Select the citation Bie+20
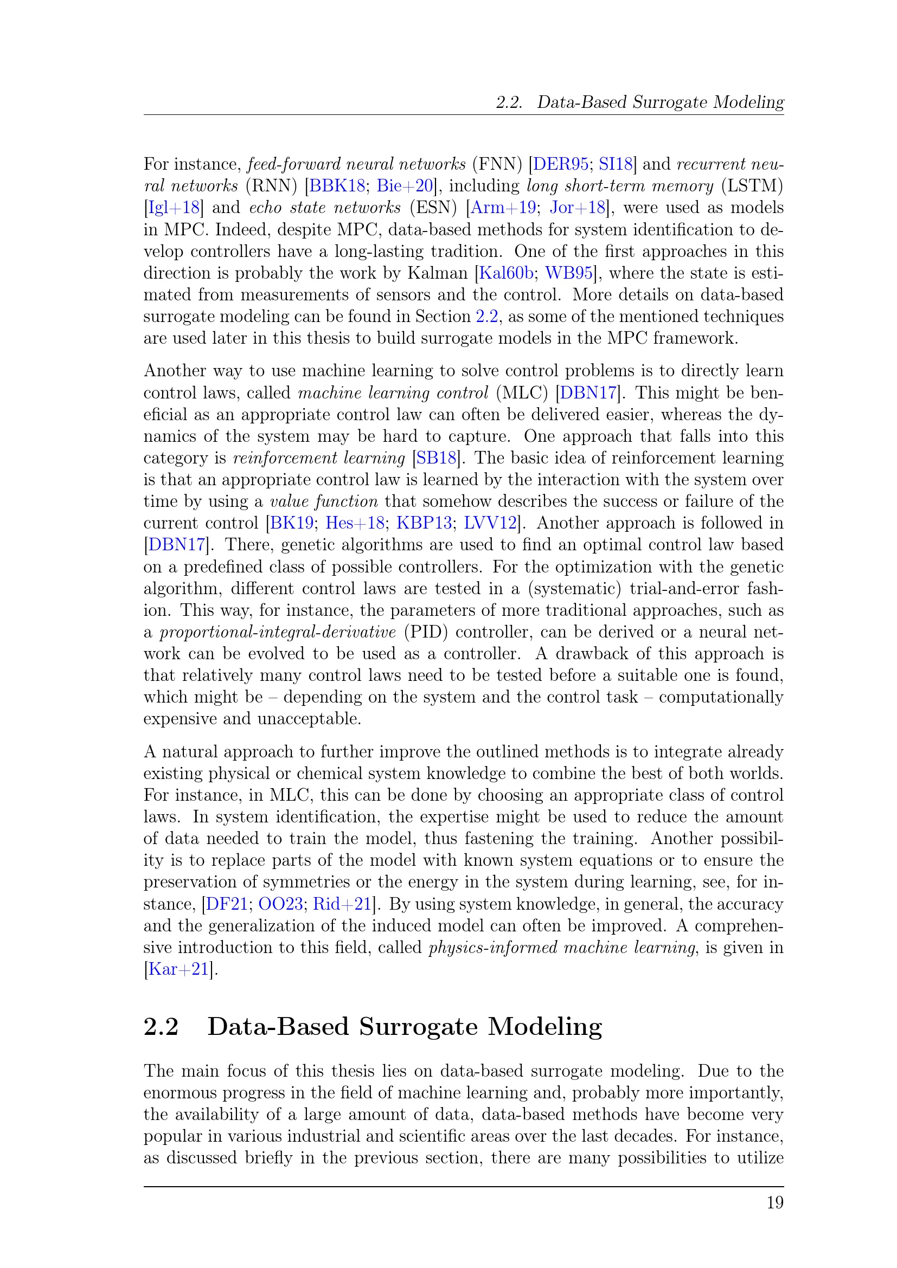[x=406, y=185]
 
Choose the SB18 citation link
[x=437, y=458]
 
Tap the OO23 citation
[x=280, y=904]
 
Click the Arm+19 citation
[x=503, y=208]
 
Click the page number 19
[x=775, y=1203]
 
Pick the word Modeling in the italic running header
[x=748, y=102]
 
